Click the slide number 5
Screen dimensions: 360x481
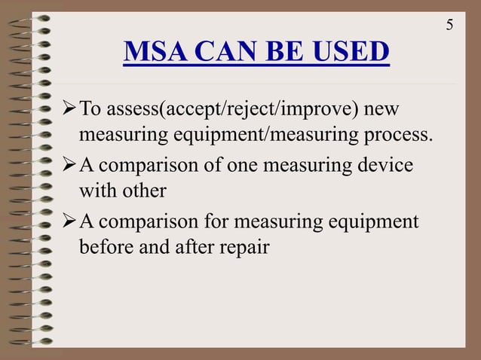450,25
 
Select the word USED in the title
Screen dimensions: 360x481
351,53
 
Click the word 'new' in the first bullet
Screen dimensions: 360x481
381,111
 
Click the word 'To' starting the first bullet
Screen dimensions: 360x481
90,111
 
